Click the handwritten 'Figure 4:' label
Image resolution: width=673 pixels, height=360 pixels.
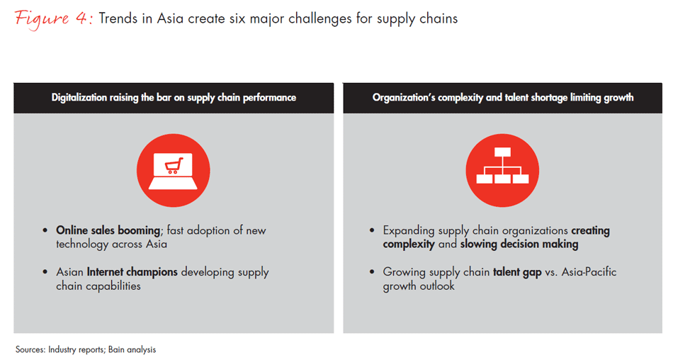point(54,19)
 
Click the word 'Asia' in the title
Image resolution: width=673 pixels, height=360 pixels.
point(170,18)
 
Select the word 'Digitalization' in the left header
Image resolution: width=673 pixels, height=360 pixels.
point(79,98)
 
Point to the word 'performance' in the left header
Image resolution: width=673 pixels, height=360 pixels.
point(269,98)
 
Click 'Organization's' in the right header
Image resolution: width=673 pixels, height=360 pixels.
point(404,98)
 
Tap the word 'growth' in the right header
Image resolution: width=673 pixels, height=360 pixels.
point(618,98)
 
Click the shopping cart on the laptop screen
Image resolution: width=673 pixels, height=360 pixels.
point(174,165)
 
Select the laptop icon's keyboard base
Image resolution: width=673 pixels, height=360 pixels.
point(173,184)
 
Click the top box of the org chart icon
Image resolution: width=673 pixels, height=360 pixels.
point(502,152)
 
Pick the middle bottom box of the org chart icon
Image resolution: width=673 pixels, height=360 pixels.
point(502,179)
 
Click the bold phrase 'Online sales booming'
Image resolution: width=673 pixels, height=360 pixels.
point(108,231)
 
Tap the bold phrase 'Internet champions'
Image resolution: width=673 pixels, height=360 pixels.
point(132,272)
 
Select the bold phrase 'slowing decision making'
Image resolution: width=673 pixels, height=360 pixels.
point(519,244)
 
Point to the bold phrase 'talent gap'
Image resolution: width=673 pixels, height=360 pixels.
point(517,272)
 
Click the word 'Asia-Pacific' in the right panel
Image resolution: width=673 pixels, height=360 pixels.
point(589,272)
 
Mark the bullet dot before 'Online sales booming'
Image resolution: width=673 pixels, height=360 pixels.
point(45,231)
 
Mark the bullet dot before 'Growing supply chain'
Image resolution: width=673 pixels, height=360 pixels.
point(372,272)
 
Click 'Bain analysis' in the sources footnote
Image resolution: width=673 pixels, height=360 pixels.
point(132,349)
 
